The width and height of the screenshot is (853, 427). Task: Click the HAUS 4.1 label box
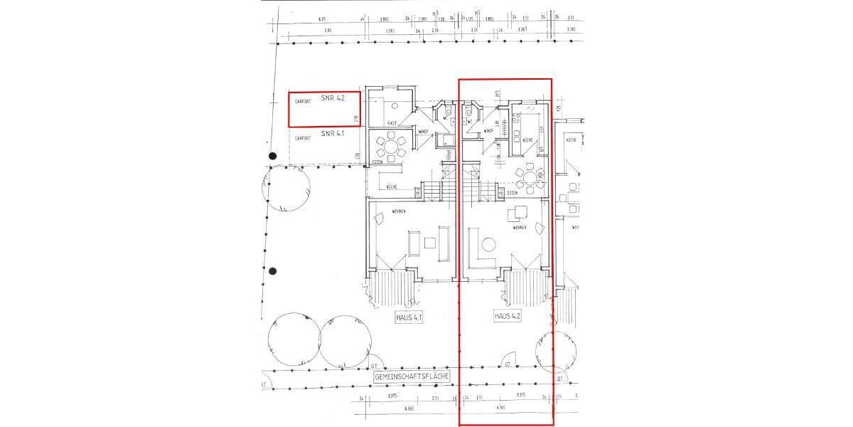click(409, 317)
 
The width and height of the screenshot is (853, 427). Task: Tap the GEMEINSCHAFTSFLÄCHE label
click(411, 374)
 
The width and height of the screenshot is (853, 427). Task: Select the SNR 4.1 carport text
click(332, 133)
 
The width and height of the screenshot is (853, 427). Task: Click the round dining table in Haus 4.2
click(529, 175)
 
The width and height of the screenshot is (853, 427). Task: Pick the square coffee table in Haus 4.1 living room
click(429, 243)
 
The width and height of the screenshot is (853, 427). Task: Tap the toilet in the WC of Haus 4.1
click(449, 112)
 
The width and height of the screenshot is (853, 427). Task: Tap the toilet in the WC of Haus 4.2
click(469, 112)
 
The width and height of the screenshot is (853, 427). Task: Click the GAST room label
click(392, 123)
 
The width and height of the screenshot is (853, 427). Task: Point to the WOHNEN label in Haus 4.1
click(398, 211)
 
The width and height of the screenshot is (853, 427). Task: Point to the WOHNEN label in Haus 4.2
click(519, 227)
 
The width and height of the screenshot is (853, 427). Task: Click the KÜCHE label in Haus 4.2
click(527, 141)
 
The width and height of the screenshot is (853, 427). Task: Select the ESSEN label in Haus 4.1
click(377, 163)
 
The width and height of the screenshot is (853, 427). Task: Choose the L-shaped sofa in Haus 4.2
click(475, 249)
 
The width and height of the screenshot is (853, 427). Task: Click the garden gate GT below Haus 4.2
click(508, 364)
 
